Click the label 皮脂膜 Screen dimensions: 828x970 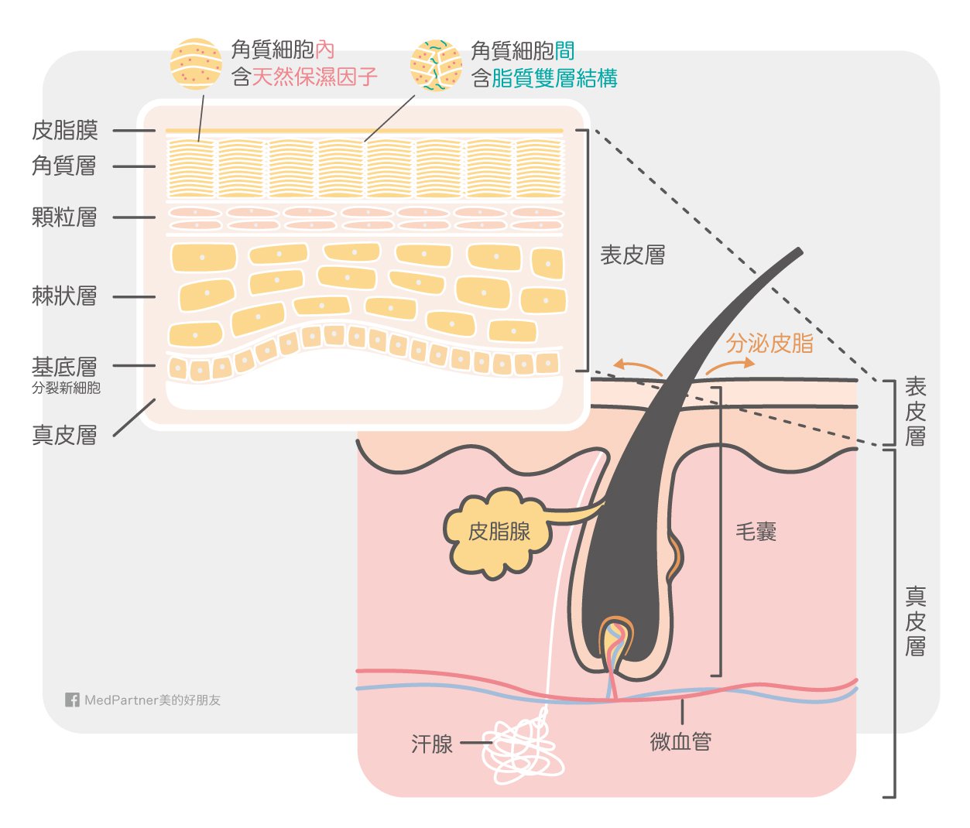(65, 130)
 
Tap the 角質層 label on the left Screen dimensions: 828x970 (64, 166)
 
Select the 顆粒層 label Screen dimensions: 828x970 (64, 217)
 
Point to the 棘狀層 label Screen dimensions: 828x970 (64, 296)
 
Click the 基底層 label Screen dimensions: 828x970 (64, 366)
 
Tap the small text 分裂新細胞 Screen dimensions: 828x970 (66, 388)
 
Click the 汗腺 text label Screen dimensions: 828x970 (432, 744)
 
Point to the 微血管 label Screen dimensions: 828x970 (680, 741)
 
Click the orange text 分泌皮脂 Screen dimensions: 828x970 (769, 344)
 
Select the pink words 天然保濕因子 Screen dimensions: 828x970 (314, 77)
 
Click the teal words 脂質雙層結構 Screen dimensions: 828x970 (554, 77)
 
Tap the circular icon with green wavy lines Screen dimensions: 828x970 (436, 66)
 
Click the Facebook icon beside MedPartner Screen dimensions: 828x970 (72, 700)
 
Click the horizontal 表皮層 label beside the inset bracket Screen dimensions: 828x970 (632, 255)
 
